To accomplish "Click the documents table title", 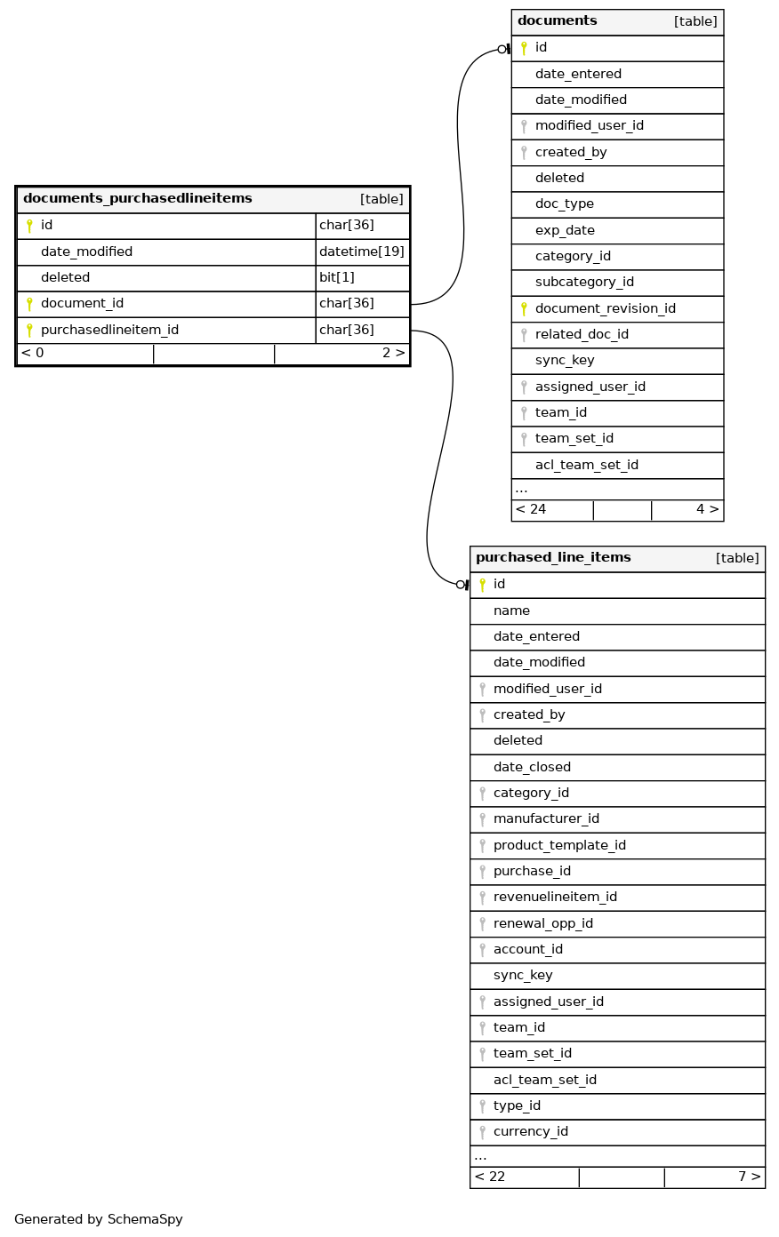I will tap(558, 21).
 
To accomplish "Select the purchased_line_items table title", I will tap(553, 558).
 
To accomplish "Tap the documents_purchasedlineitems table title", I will tap(138, 199).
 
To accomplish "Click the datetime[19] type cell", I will tap(362, 251).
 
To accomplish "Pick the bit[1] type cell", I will tap(337, 277).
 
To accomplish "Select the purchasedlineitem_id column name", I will tap(109, 330).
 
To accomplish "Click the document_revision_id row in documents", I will tap(605, 308).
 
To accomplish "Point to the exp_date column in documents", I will tap(565, 230).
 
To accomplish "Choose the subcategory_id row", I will tap(584, 282).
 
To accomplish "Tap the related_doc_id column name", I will tap(582, 334).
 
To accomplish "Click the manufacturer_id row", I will tap(546, 818).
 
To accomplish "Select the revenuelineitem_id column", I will tap(555, 897).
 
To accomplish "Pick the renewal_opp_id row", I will tap(542, 923).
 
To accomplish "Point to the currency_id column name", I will tap(530, 1131).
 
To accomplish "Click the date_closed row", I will tap(532, 767).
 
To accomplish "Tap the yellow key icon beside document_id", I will tap(29, 304).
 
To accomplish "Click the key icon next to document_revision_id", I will tap(524, 309).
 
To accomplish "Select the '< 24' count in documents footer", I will tap(531, 509).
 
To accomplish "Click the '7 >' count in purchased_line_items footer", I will tap(749, 1177).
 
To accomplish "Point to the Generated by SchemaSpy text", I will tap(99, 1219).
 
